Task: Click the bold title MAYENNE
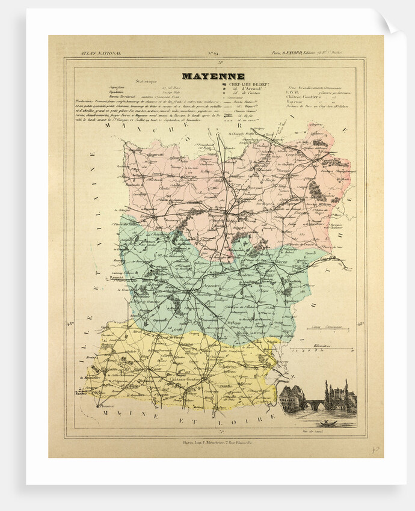pos(213,76)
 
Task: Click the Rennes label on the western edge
pos(117,278)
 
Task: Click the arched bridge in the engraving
pos(314,404)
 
